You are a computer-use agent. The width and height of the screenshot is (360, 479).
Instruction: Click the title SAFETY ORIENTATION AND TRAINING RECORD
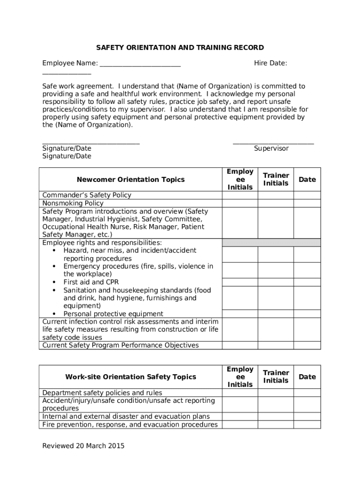click(x=180, y=48)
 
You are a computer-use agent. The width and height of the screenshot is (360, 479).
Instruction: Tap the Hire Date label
click(x=270, y=63)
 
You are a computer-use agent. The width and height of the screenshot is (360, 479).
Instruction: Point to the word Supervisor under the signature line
click(x=271, y=148)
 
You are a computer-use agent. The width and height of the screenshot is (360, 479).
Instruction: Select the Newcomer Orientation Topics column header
click(x=130, y=180)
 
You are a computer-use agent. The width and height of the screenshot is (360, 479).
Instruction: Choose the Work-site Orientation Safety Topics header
click(x=130, y=377)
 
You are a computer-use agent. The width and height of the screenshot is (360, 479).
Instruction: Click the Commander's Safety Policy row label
click(x=86, y=195)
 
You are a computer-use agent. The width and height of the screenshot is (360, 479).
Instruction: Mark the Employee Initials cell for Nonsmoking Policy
click(x=240, y=203)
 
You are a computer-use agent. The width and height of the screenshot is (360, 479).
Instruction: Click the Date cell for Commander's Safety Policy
click(x=307, y=195)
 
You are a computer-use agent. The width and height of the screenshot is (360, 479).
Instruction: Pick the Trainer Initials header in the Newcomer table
click(x=276, y=180)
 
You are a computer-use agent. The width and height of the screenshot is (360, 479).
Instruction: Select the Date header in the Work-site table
click(x=307, y=377)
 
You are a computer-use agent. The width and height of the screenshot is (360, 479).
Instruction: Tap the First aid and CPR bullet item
click(x=91, y=282)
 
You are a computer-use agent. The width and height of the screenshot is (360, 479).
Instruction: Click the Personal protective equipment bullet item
click(x=114, y=314)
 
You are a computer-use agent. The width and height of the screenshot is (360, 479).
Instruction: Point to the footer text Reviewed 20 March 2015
click(x=83, y=446)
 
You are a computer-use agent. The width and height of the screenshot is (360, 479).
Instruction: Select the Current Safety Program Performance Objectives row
click(x=120, y=345)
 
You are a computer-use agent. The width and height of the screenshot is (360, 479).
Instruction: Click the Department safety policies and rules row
click(x=102, y=393)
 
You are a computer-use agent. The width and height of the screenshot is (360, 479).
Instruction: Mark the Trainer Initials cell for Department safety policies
click(x=276, y=393)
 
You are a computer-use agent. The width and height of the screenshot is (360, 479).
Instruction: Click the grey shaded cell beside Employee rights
click(x=271, y=242)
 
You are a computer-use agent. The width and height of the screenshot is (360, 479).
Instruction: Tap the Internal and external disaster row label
click(x=126, y=416)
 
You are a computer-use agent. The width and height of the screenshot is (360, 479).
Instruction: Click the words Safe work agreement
click(x=78, y=86)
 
